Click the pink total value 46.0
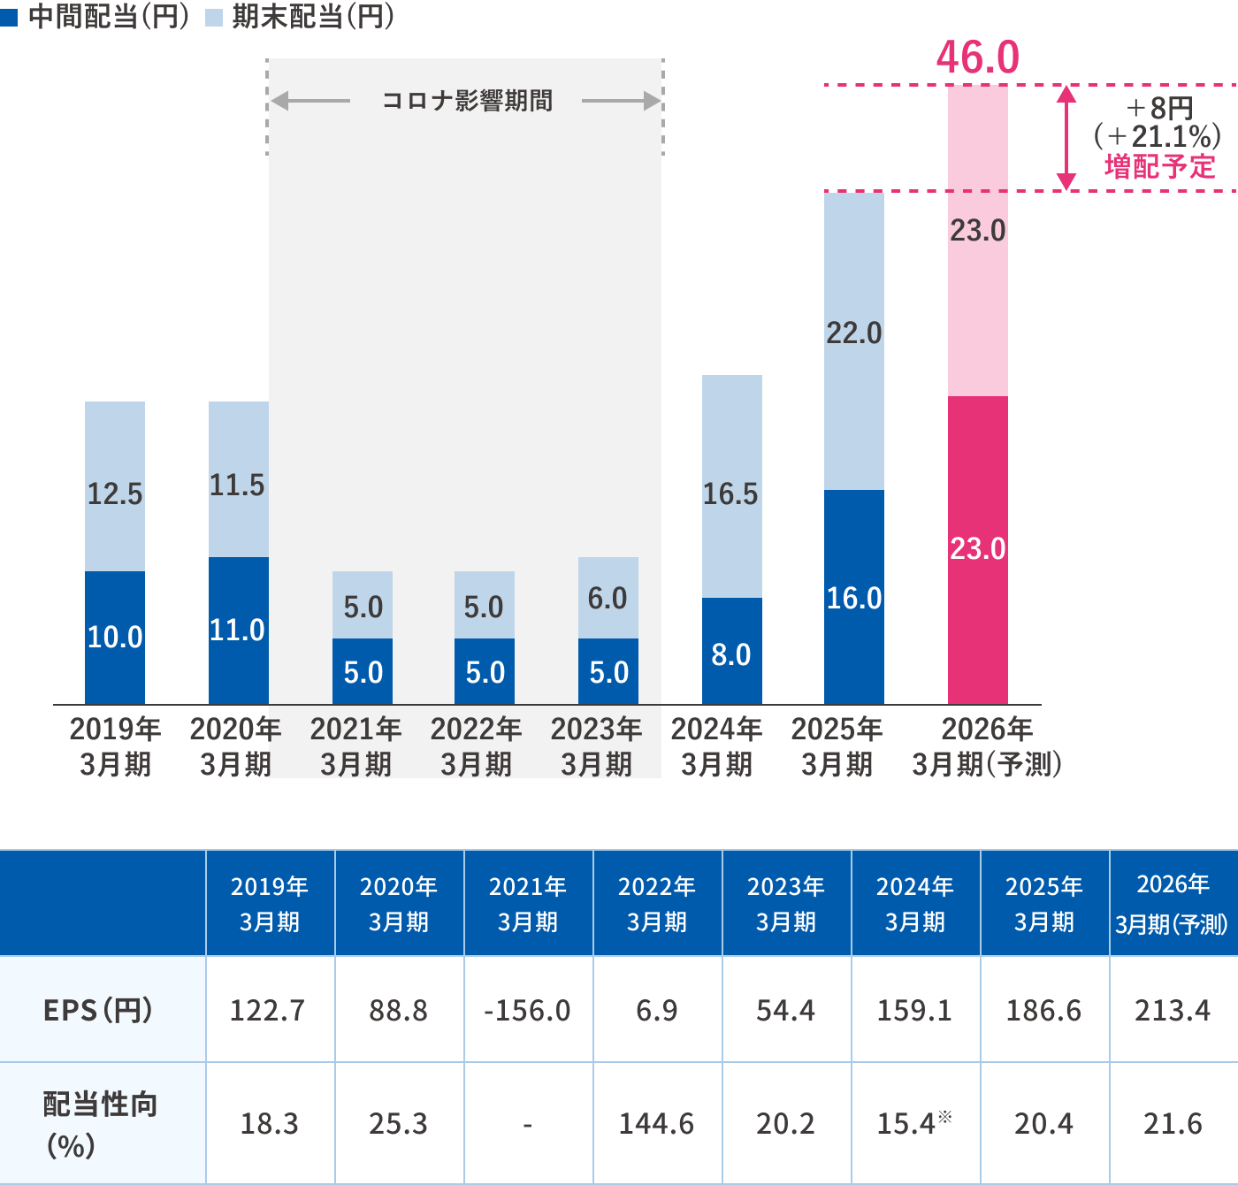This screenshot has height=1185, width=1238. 977,58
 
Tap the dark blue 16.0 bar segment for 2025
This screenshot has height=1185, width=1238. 854,597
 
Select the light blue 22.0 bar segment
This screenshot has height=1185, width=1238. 854,340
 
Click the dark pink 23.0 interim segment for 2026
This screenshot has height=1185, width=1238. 978,549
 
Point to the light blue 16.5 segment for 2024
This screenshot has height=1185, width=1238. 732,486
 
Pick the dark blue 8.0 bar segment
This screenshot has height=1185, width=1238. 732,651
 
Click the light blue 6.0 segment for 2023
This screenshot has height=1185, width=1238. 608,598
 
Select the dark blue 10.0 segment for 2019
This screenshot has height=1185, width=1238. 115,637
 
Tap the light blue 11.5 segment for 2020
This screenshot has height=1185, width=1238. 238,479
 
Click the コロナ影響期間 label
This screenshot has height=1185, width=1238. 467,101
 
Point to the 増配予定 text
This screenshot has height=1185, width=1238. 1159,166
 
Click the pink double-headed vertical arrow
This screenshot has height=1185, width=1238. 1066,138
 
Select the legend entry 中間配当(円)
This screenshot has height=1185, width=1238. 97,16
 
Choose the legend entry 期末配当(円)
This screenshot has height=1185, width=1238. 302,16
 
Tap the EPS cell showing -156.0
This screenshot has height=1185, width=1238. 528,1010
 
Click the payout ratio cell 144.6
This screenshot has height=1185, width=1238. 657,1123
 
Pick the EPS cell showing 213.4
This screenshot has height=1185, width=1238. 1173,1010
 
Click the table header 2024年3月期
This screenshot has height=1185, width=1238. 915,904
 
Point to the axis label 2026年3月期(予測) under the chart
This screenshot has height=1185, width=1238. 987,746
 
